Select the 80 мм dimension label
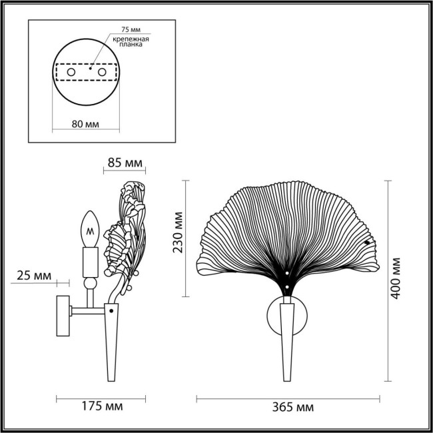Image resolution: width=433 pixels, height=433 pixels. [x=85, y=123]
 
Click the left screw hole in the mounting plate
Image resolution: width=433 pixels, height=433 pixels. [x=71, y=71]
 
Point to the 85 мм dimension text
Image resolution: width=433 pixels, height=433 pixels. [x=124, y=163]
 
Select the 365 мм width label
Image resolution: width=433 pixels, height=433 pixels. [x=288, y=406]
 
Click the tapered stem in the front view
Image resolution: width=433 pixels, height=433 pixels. [x=287, y=340]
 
